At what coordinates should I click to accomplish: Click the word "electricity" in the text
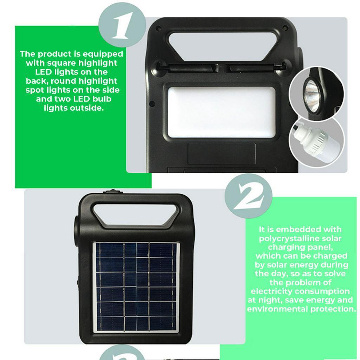coord(271,291)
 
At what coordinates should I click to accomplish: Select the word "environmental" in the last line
coord(277,309)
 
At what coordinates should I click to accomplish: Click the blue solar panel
coord(136,287)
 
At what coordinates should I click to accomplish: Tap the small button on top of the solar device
coord(112,192)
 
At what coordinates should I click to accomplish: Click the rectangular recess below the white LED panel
coord(221,154)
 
